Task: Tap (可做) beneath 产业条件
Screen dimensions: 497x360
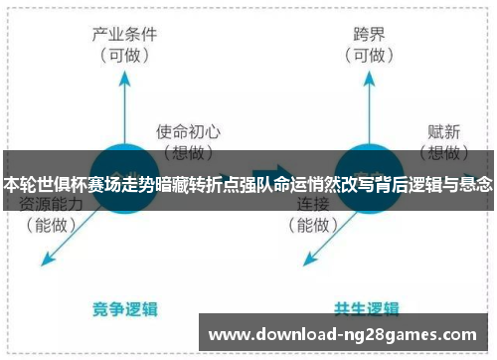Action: click(123, 55)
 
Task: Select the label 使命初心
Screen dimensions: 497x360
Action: click(188, 130)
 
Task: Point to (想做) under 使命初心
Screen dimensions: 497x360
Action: click(188, 152)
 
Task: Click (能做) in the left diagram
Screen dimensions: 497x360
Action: click(50, 225)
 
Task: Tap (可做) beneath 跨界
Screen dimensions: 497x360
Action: click(369, 55)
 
